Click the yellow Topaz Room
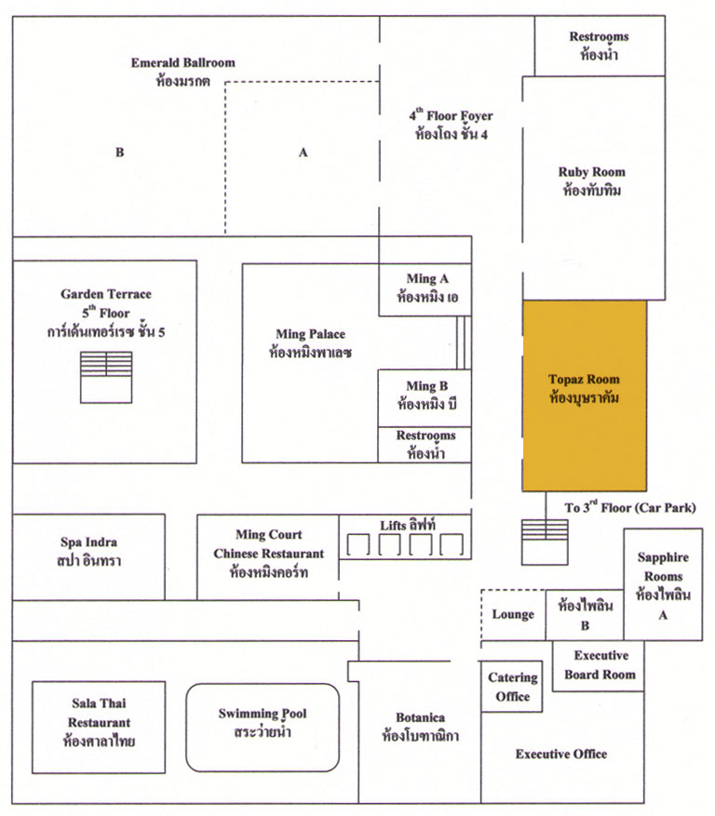(585, 395)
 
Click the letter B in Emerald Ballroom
(120, 152)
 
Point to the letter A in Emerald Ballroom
(304, 152)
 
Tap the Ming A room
(425, 289)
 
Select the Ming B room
(425, 398)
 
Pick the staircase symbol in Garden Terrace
(106, 378)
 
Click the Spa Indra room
(88, 556)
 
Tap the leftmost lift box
(358, 545)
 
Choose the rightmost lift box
(452, 545)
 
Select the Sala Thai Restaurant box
(99, 727)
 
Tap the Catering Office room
(512, 687)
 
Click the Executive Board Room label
(600, 664)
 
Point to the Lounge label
(513, 615)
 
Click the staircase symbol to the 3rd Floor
(546, 542)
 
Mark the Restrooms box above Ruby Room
(600, 46)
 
